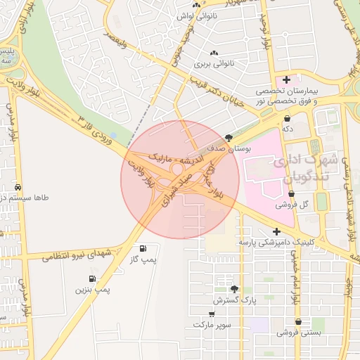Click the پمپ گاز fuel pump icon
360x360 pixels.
143,248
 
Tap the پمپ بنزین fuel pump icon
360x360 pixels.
92,278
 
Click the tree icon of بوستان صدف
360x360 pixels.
229,138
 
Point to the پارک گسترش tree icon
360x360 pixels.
235,288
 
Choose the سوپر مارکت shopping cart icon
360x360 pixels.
212,314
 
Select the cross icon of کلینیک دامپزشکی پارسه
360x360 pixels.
276,231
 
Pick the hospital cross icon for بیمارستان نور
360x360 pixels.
286,79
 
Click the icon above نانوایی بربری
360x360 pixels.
214,53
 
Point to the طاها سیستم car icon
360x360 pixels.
18,188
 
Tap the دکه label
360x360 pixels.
288,129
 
